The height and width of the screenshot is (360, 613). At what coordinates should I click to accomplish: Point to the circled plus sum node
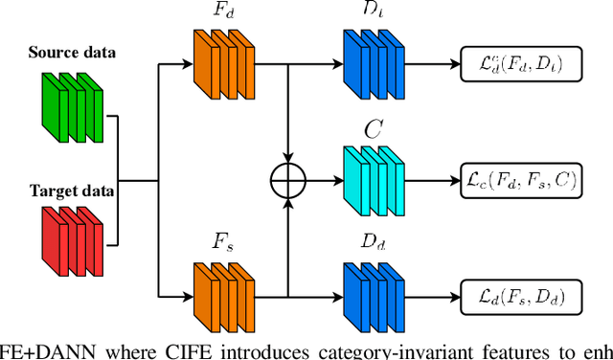(288, 180)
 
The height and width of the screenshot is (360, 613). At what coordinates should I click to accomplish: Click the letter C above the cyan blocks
(371, 128)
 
